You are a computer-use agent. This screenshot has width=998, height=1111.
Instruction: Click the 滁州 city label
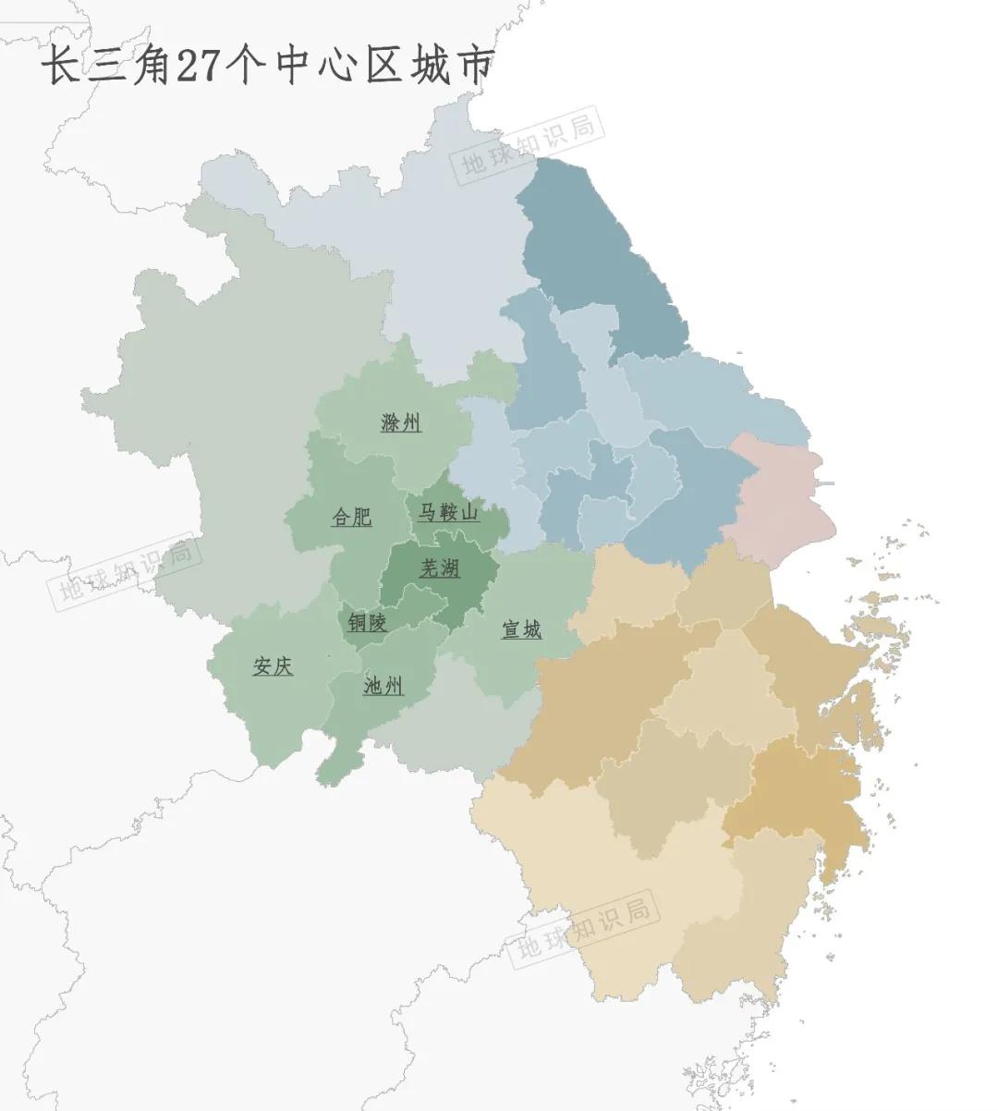[x=401, y=423]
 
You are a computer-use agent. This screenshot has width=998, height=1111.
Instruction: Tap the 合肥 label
[x=352, y=517]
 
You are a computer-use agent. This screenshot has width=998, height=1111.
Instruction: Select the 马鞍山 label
[x=448, y=512]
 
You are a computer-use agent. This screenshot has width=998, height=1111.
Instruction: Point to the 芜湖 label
[x=440, y=568]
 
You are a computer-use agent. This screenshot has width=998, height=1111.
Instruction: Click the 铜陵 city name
[x=367, y=623]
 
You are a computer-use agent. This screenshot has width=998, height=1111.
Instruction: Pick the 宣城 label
[x=521, y=630]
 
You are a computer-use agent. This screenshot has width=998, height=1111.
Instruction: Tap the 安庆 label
[x=274, y=666]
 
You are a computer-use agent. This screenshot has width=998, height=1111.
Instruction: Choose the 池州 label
[x=383, y=686]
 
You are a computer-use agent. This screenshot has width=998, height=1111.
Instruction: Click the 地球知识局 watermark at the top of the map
[x=528, y=142]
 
